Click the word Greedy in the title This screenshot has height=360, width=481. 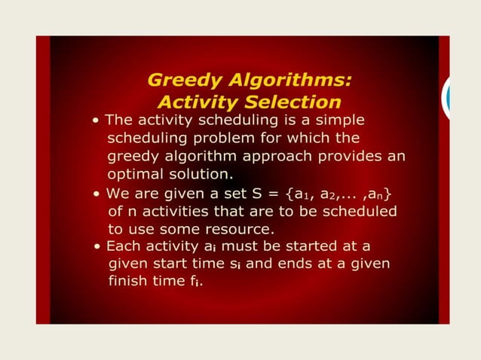[x=179, y=81]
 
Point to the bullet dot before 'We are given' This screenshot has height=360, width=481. [x=98, y=194]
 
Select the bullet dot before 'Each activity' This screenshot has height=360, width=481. [x=99, y=247]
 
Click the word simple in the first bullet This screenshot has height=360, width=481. [x=338, y=121]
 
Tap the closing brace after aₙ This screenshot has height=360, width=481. [x=388, y=194]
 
